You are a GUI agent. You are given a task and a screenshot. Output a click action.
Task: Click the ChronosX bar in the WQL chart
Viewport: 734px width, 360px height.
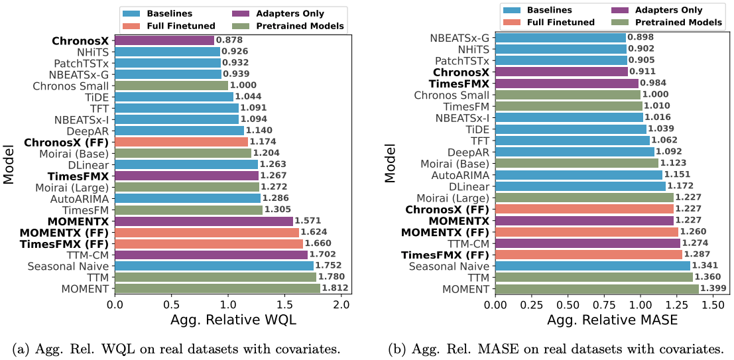[x=165, y=40]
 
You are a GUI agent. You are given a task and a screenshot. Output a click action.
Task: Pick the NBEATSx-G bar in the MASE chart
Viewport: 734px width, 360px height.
[x=560, y=38]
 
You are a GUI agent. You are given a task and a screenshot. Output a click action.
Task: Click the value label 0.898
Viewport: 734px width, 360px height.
[x=641, y=38]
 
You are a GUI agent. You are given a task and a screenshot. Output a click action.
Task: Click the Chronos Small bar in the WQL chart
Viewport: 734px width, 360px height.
[x=172, y=85]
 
